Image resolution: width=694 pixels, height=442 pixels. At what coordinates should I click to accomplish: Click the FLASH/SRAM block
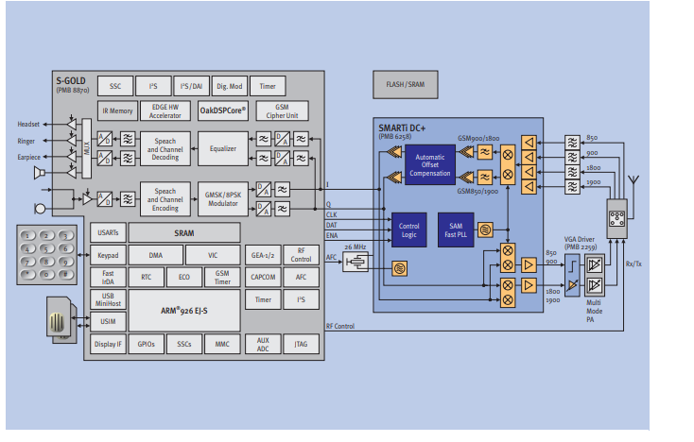coord(405,83)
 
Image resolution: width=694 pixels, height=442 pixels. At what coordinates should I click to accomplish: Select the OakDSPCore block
coord(223,110)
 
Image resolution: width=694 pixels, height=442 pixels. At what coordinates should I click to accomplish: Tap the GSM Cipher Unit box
coord(281,110)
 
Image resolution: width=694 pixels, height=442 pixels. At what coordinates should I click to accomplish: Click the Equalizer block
coord(223,147)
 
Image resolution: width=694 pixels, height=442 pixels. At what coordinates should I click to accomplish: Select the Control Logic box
coord(408,229)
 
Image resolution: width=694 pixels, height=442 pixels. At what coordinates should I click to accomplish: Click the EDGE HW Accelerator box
coord(165,110)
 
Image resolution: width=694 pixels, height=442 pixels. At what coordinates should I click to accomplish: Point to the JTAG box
coord(301,345)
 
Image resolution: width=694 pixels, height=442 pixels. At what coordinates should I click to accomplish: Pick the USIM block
coord(108,322)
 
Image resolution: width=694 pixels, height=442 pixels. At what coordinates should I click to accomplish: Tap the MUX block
coord(85,147)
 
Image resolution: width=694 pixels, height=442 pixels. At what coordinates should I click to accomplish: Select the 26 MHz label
coord(356,247)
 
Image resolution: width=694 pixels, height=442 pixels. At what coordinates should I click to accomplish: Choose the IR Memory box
coord(117,110)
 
